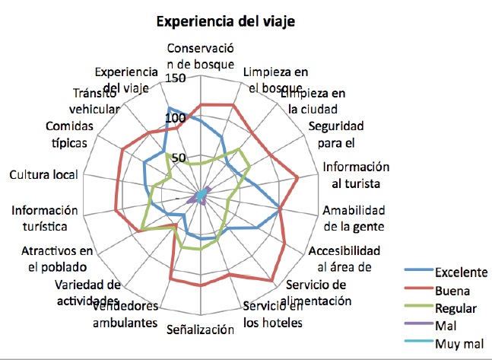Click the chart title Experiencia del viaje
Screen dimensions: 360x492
coord(225,21)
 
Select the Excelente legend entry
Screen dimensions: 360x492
coord(461,272)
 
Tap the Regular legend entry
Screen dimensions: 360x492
coord(455,308)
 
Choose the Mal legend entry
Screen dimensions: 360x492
coord(444,326)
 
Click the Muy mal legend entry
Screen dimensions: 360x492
coord(456,343)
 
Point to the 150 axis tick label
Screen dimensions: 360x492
coord(175,79)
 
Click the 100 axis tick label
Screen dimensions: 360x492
coord(175,119)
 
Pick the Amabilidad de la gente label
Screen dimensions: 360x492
coord(354,218)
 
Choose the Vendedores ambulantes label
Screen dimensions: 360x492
coord(125,314)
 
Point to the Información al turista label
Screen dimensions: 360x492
coord(355,175)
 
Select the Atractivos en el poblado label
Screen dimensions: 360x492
coord(56,259)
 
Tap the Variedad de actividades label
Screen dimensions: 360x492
coord(88,293)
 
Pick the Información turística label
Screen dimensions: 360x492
coord(46,218)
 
